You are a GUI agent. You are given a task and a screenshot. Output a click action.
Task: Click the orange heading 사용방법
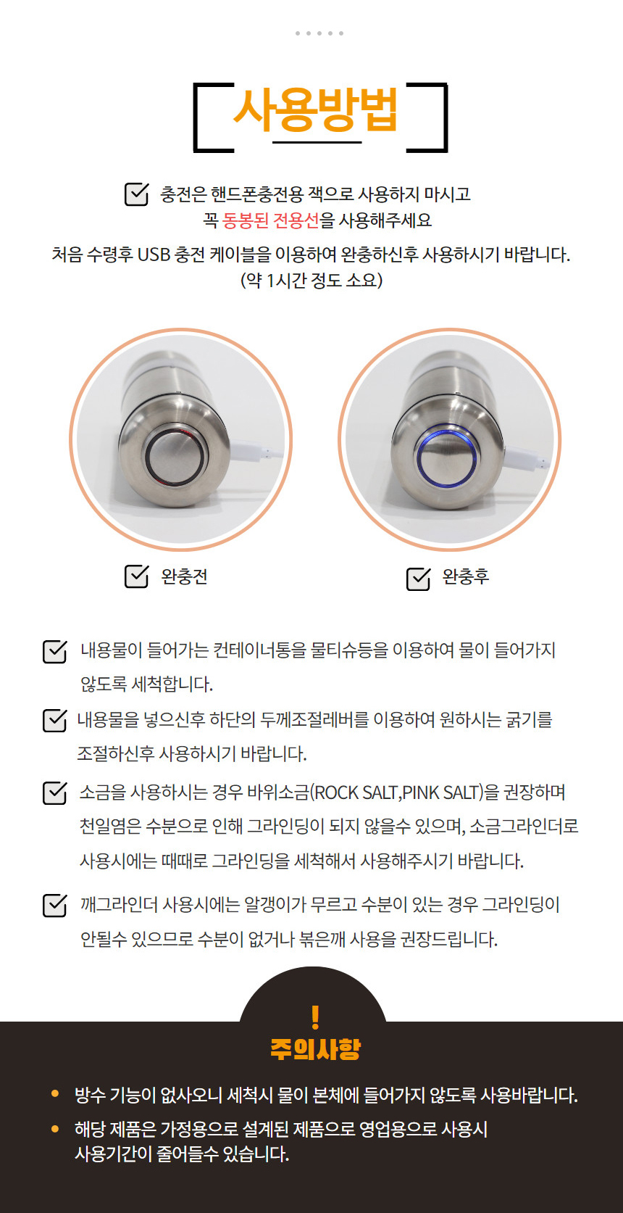[x=316, y=110]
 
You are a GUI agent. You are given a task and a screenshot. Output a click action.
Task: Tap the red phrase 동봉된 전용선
[x=271, y=220]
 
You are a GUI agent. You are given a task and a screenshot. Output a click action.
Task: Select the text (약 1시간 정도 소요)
[x=311, y=280]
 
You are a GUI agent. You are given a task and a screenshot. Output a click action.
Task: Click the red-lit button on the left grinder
[x=175, y=456]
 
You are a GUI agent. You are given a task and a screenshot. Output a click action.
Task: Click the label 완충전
[x=184, y=576]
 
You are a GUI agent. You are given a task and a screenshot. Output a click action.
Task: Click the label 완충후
[x=466, y=576]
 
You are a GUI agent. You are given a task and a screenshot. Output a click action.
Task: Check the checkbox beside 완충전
[x=136, y=576]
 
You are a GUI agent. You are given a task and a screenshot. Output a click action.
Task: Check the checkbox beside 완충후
[x=419, y=579]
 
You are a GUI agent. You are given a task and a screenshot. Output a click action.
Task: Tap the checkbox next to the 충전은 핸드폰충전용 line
[x=136, y=194]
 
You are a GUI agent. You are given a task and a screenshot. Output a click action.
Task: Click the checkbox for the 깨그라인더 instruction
[x=54, y=906]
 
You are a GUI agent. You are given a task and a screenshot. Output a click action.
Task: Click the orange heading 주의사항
[x=316, y=1049]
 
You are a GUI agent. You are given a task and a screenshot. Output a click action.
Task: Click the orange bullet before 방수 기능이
[x=54, y=1093]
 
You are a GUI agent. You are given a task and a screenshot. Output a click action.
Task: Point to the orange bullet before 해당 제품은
[x=54, y=1129]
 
